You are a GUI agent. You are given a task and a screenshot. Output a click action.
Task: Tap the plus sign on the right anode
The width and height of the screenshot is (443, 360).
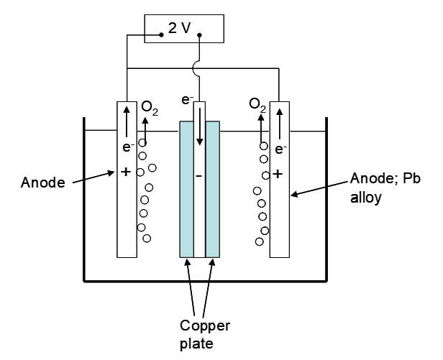click(x=278, y=174)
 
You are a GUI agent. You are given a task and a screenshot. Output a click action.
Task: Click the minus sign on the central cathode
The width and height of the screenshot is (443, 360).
click(x=199, y=175)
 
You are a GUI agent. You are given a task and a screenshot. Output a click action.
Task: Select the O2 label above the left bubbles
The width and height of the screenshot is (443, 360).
click(x=150, y=108)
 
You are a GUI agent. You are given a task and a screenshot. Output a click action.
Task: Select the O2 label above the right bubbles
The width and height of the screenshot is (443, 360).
click(x=257, y=105)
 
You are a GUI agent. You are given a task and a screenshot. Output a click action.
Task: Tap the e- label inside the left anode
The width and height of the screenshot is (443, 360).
click(x=127, y=149)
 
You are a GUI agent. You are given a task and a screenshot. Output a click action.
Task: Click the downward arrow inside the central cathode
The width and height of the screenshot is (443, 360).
click(x=199, y=126)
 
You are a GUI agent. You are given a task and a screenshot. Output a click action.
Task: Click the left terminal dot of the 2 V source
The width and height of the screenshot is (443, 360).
click(x=162, y=34)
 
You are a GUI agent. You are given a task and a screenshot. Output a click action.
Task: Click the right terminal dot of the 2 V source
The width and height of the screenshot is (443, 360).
click(x=198, y=34)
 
